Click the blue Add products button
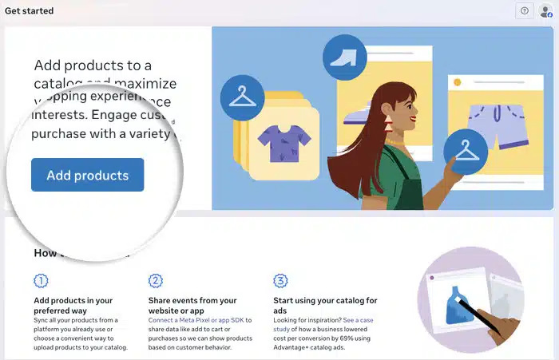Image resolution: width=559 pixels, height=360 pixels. pos(87,176)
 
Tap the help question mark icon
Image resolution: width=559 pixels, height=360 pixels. pos(524,11)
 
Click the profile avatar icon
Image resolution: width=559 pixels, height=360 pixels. pos(545,11)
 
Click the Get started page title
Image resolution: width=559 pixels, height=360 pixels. pos(30,11)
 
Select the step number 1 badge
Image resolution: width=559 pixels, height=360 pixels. pos(41,280)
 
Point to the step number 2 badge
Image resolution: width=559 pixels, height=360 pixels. pos(156,280)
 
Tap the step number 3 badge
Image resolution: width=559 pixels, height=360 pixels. pos(280,280)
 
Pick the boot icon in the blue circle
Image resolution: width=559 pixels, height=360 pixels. pos(345,57)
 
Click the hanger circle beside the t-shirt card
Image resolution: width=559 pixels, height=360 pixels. pos(240,97)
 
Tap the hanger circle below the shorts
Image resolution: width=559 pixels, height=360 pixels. pos(466,151)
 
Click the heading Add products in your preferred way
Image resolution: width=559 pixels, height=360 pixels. pos(73,306)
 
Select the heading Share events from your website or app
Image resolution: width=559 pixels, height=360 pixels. pos(192,306)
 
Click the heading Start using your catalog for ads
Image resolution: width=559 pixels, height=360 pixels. pos(325,306)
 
